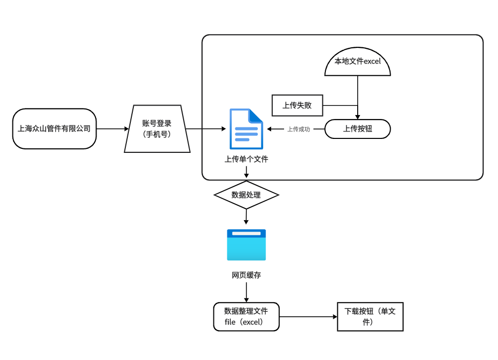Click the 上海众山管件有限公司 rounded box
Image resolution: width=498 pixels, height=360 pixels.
[54, 128]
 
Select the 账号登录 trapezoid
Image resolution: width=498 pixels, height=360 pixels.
[157, 128]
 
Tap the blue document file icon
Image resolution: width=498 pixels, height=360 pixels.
[246, 129]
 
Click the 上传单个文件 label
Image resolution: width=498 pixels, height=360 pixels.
[246, 159]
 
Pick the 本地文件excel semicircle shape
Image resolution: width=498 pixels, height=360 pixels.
[357, 63]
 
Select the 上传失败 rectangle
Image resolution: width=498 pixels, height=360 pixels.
[297, 105]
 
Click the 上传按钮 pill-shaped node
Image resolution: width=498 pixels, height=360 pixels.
[357, 129]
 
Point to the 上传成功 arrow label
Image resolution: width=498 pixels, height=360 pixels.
[299, 129]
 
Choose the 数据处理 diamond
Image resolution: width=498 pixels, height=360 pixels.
[246, 195]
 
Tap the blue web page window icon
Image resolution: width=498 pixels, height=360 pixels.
[246, 244]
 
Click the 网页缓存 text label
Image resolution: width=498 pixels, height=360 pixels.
[246, 275]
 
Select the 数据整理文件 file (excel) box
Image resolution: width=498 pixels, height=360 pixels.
[246, 316]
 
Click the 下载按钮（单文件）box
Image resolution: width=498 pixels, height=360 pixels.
[370, 317]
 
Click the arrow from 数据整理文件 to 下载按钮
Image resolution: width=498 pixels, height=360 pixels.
[308, 317]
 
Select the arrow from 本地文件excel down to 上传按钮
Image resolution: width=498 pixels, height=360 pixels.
[357, 92]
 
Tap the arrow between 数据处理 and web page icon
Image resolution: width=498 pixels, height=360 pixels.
[246, 217]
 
